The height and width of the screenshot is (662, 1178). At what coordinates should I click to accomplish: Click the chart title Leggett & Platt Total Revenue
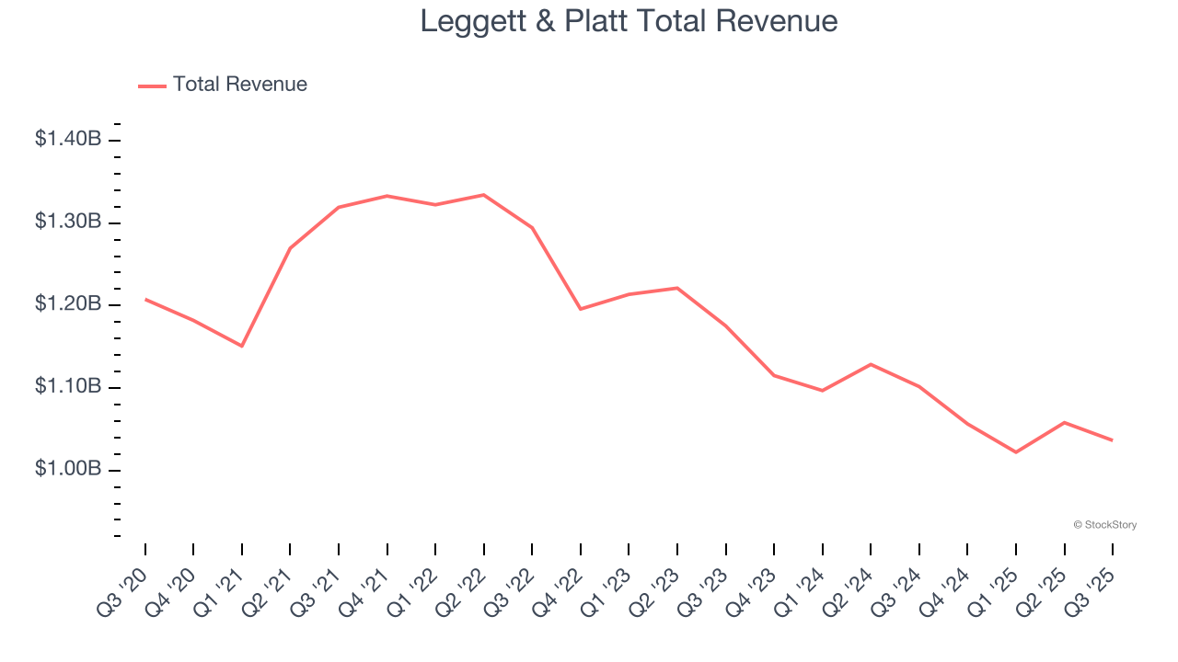click(629, 21)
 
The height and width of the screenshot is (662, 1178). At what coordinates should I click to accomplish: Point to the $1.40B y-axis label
click(68, 140)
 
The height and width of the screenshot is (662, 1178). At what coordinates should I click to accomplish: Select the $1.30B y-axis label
click(68, 223)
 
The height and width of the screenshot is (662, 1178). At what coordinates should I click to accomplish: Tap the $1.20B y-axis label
click(68, 304)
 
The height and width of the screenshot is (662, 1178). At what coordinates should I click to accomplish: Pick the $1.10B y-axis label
click(68, 387)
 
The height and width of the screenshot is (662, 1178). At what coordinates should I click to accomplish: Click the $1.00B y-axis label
click(68, 469)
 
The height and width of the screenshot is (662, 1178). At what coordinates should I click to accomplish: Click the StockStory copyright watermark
click(1104, 525)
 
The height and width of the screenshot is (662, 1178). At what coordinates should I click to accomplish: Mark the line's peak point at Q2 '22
click(484, 195)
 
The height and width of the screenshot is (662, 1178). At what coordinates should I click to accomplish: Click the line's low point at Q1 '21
click(242, 346)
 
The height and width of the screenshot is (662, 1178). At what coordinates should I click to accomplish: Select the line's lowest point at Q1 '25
click(1016, 452)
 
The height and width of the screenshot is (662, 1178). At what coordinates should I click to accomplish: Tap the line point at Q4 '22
click(581, 309)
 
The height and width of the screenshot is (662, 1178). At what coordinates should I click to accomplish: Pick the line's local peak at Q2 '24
click(871, 364)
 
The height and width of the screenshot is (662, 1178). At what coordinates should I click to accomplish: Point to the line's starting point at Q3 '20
click(145, 299)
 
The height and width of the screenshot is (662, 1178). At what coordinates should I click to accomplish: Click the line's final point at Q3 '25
click(1113, 440)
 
